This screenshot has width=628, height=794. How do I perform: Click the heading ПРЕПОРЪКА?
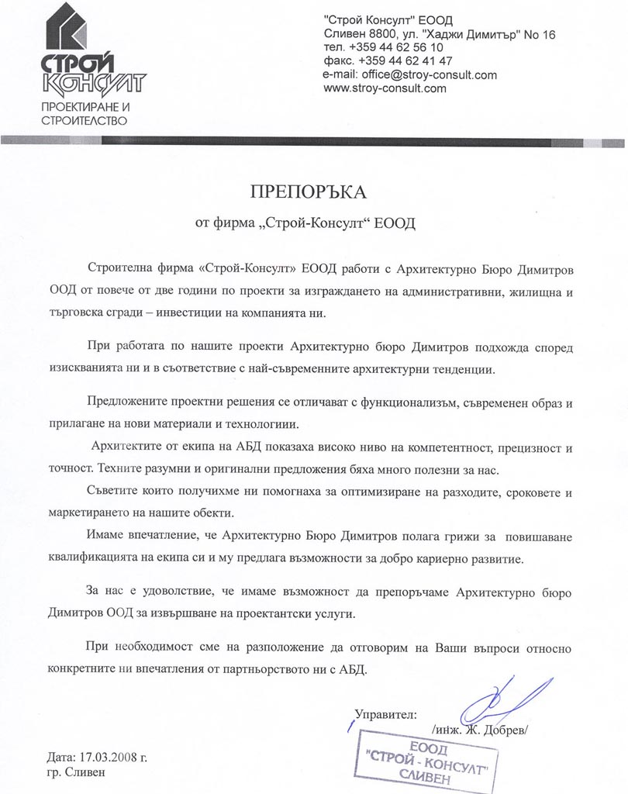[x=305, y=191]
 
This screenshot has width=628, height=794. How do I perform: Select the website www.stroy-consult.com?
[x=385, y=88]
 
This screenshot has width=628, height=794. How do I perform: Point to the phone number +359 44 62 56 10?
[x=396, y=47]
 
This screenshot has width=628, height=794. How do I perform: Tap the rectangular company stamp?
[x=425, y=762]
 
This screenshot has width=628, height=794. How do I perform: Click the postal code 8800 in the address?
[x=375, y=34]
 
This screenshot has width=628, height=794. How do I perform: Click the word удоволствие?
[x=175, y=592]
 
